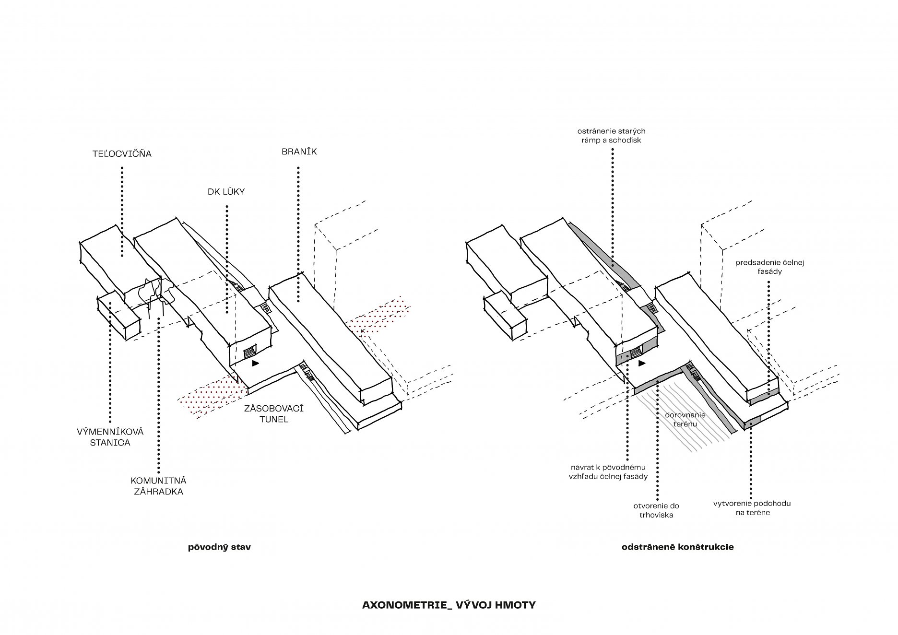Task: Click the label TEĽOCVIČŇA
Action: [x=122, y=154]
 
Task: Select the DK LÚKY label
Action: [x=226, y=192]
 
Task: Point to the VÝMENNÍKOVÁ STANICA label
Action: [x=110, y=437]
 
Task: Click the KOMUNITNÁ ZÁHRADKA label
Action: [x=158, y=486]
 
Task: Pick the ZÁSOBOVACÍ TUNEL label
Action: [x=273, y=413]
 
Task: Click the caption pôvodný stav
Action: [x=219, y=547]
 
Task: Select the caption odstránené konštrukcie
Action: [x=677, y=547]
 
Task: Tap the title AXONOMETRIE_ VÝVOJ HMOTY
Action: [x=449, y=605]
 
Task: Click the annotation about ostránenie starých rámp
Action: [x=611, y=136]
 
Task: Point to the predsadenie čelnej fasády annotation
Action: [x=769, y=267]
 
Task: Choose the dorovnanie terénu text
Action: [x=681, y=419]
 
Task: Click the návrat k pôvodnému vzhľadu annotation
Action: [x=609, y=471]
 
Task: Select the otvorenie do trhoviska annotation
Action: [x=656, y=510]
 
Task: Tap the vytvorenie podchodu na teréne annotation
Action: [x=752, y=508]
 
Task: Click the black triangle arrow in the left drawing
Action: [x=255, y=364]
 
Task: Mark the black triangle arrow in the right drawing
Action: [x=641, y=364]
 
